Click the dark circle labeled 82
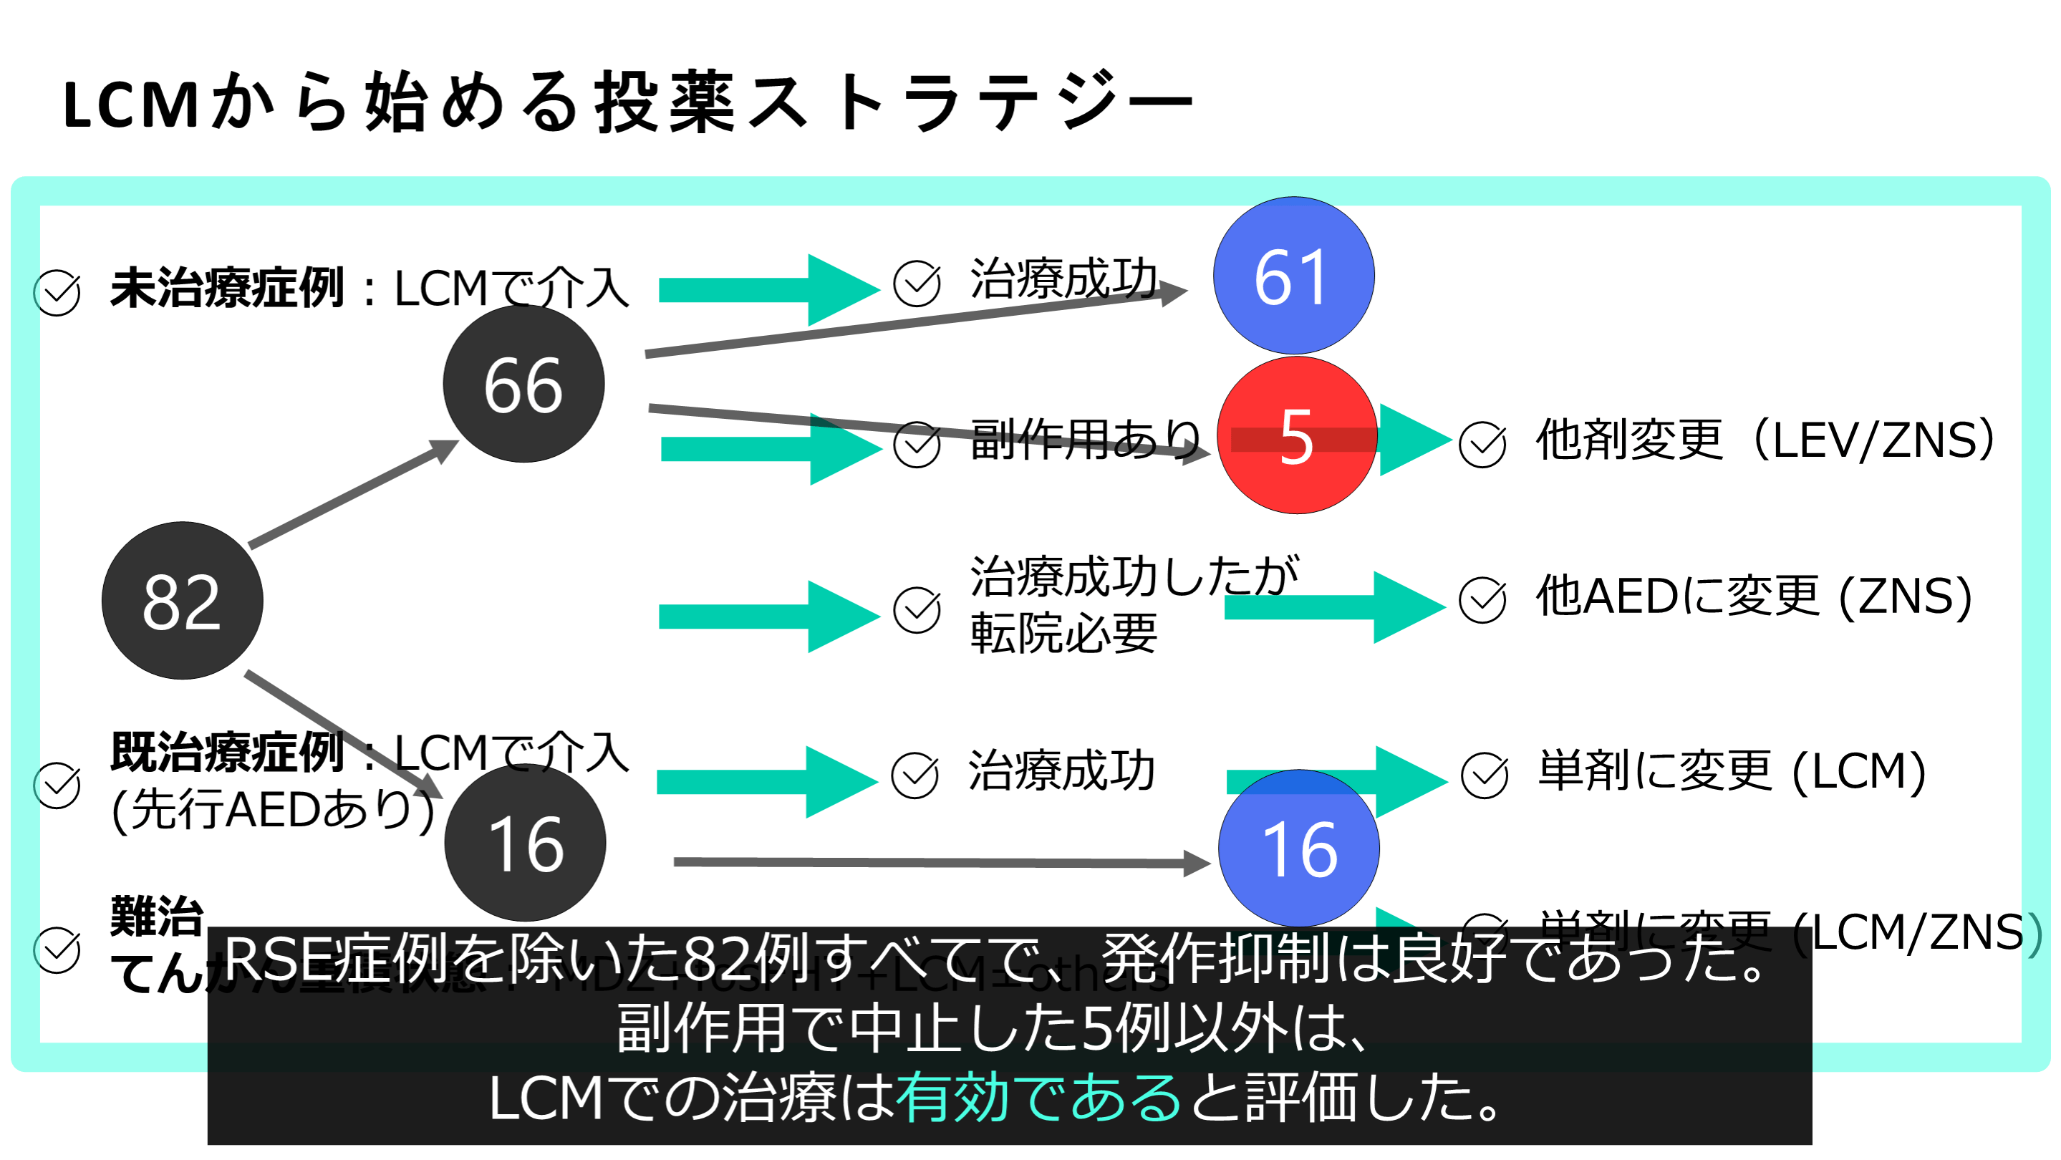click(183, 601)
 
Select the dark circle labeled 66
click(523, 384)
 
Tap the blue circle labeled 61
click(1293, 276)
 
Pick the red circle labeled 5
click(1296, 436)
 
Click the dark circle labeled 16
click(525, 844)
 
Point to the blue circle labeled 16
click(1298, 849)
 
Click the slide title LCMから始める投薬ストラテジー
click(628, 102)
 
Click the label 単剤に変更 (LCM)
click(1732, 771)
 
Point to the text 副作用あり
click(1085, 439)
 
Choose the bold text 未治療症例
click(227, 288)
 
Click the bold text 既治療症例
click(227, 752)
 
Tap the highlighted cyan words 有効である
click(1038, 1098)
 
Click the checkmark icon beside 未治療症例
click(57, 293)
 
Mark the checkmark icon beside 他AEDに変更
click(1482, 600)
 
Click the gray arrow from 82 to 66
click(352, 494)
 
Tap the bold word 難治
click(157, 915)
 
